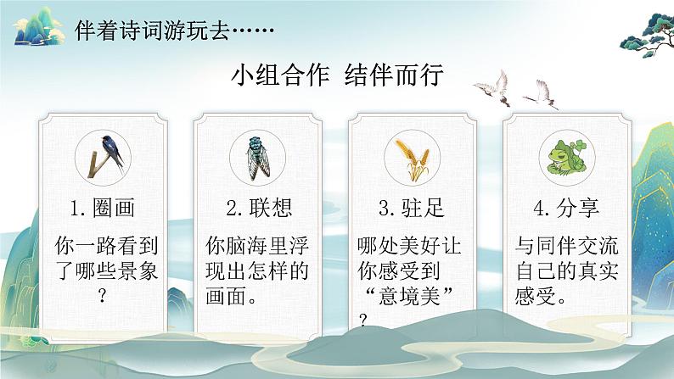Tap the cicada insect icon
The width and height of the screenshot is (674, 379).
pos(258,155)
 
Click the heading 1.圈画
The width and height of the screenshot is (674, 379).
pos(104,209)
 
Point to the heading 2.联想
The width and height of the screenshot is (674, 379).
pos(259,209)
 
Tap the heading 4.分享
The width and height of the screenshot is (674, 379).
pos(563,209)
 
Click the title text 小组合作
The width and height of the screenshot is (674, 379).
pos(284,75)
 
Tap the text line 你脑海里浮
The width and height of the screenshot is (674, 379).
pos(258,247)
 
